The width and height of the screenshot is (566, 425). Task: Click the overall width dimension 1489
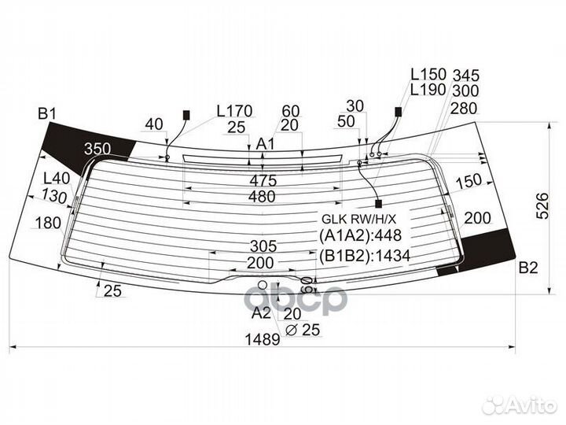261,340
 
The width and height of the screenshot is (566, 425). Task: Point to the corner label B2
527,269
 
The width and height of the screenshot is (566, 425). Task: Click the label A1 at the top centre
266,144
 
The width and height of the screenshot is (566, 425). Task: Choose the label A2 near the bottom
261,312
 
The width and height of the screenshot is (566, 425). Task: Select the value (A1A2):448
360,236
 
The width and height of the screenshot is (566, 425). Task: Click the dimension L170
234,111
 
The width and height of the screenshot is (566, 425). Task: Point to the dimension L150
428,74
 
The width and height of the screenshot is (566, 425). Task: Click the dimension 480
261,197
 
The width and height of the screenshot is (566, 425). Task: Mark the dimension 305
261,246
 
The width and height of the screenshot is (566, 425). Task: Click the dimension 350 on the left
97,149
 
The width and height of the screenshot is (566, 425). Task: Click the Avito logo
520,404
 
